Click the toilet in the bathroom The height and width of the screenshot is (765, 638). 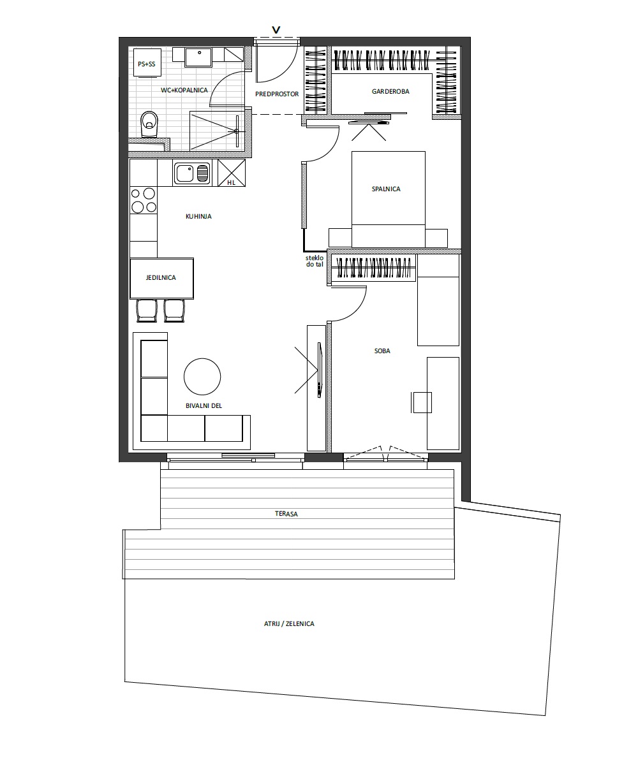click(x=149, y=124)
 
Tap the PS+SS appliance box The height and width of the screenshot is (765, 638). click(x=147, y=63)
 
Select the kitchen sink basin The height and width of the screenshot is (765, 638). click(x=191, y=173)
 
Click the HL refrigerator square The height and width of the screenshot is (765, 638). click(x=232, y=173)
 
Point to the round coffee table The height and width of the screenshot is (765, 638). click(x=202, y=377)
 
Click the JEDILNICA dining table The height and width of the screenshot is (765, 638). click(x=161, y=278)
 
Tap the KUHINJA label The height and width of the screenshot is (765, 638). click(x=198, y=217)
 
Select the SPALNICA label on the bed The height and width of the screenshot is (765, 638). click(x=386, y=189)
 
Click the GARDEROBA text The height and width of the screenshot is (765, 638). click(x=390, y=92)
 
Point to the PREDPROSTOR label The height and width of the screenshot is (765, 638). click(x=277, y=94)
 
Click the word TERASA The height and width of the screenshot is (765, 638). click(x=286, y=514)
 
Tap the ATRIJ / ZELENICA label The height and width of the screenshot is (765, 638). click(x=289, y=623)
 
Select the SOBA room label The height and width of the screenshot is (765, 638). click(x=382, y=351)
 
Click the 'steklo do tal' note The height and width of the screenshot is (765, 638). click(x=315, y=261)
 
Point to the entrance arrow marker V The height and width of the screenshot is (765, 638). click(x=276, y=30)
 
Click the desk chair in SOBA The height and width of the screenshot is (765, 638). click(x=421, y=402)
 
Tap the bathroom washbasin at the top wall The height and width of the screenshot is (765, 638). click(x=198, y=57)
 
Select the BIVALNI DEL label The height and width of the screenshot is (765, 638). click(x=204, y=405)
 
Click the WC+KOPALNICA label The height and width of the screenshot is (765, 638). click(x=184, y=90)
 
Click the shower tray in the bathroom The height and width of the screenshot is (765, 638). click(x=217, y=131)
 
